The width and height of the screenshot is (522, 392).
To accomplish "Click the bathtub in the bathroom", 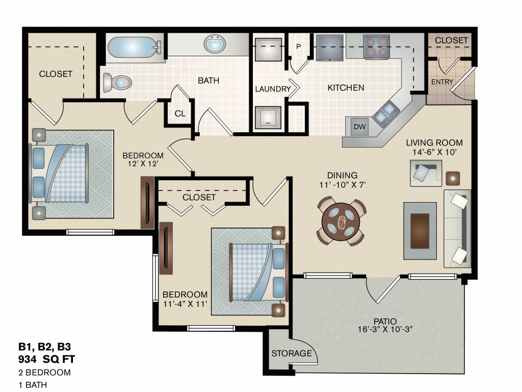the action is click(x=135, y=47).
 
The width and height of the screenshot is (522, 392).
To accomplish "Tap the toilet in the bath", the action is click(x=117, y=82).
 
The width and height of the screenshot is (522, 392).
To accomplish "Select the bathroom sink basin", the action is click(x=215, y=44).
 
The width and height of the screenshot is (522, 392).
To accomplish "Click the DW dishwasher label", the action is click(x=359, y=127).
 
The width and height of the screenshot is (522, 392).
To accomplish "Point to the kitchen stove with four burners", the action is click(x=377, y=46).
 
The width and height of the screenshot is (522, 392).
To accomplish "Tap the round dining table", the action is click(x=341, y=221).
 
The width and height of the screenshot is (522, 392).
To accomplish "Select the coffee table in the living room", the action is click(x=420, y=231).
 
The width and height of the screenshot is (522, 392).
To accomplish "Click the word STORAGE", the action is click(x=292, y=353).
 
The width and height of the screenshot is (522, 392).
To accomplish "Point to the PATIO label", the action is click(x=385, y=322).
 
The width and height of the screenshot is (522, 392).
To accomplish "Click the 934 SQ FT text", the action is click(x=46, y=359).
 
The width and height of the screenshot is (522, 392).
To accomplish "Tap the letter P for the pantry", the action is click(x=298, y=46).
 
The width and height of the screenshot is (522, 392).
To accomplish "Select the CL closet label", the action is click(x=180, y=114).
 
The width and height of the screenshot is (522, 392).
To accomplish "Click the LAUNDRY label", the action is click(x=273, y=89).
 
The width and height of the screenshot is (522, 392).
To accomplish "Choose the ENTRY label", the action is click(x=442, y=82).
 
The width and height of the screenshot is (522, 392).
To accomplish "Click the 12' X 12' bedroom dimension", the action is click(x=143, y=164).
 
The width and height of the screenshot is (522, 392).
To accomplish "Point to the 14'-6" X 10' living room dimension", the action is click(x=434, y=152).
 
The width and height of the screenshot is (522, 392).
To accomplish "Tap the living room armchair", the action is click(x=426, y=173).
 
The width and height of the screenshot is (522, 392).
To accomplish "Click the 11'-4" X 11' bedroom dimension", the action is click(x=185, y=304).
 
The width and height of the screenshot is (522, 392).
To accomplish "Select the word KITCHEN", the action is click(x=346, y=88).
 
